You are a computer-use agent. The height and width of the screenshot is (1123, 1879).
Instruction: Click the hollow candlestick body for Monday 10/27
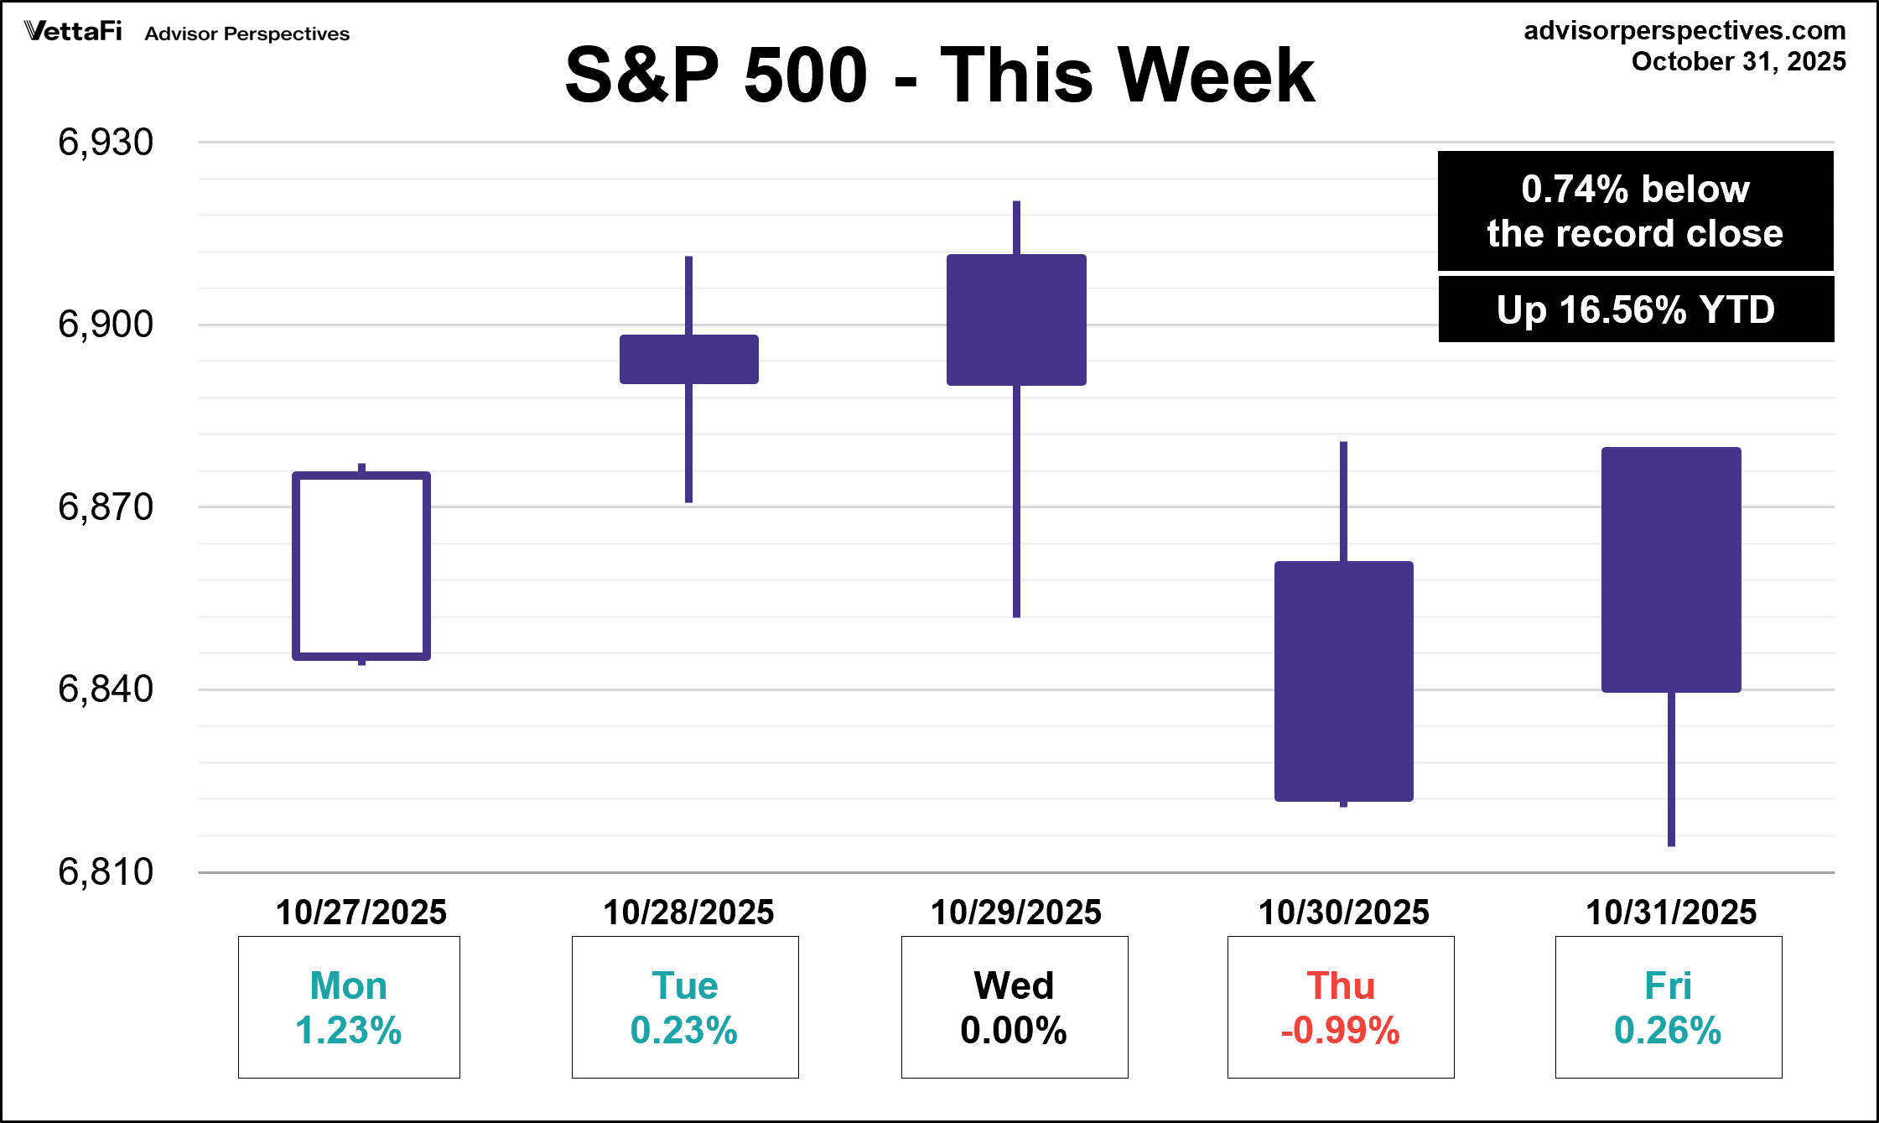coord(361,566)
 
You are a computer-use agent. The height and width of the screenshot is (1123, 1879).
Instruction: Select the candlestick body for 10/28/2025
coord(688,359)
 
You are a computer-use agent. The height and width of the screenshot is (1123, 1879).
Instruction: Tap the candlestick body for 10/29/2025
coord(1016,320)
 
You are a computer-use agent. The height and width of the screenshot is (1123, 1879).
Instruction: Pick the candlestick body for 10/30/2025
coord(1343,681)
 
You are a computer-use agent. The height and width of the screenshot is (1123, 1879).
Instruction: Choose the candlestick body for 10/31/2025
coord(1671,569)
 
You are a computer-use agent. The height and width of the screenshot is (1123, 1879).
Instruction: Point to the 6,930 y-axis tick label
coord(106,143)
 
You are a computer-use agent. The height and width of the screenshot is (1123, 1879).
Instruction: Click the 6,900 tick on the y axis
coord(106,325)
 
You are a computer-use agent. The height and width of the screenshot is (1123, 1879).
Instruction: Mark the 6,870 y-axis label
coord(106,507)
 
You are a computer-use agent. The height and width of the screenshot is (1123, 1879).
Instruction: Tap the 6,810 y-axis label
coord(106,872)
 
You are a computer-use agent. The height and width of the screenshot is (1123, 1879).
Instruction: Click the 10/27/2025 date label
coord(361,912)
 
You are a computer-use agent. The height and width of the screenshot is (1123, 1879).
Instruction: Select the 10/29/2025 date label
coord(1016,912)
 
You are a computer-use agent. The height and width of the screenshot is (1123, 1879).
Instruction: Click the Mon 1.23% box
coord(349,1007)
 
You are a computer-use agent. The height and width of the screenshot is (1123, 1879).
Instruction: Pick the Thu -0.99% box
coord(1341,1007)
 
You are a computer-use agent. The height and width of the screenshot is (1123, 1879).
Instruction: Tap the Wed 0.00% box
coord(1015,1007)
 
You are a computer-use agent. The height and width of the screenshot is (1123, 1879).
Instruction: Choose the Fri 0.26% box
coord(1669,1007)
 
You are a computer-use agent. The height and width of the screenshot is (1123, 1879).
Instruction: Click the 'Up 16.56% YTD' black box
coord(1636,309)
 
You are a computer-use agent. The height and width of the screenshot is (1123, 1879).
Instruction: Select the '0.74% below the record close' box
coord(1635,211)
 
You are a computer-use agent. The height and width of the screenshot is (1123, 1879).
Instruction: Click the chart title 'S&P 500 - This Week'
coord(940,75)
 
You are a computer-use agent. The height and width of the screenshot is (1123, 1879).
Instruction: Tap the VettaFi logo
coord(73,32)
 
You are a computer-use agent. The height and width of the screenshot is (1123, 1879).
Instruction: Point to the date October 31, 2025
coord(1738,62)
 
